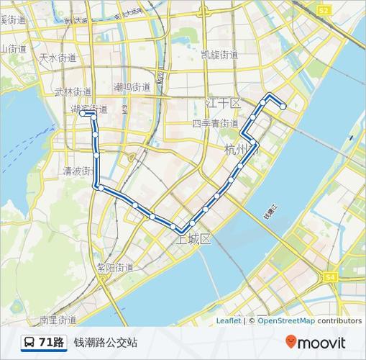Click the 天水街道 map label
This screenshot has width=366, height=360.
pos(57,57)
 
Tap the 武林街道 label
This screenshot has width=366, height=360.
pos(73,92)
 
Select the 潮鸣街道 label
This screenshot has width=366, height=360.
pos(132,87)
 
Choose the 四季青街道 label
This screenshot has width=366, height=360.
pos(216,123)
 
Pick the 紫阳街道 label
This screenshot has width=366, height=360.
pos(114,267)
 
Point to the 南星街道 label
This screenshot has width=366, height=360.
pos(58,320)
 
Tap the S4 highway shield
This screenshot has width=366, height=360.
pos(330,276)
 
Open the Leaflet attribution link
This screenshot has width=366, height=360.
pos(228,321)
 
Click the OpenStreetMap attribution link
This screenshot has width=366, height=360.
pos(286,321)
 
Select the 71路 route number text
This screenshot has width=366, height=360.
pos(52,342)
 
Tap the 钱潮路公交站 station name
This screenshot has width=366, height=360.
pos(105,342)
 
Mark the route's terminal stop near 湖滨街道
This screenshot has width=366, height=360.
pos(83,114)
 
